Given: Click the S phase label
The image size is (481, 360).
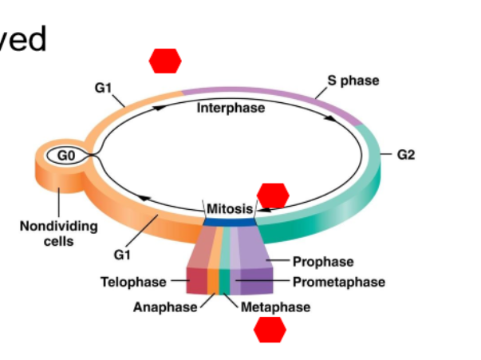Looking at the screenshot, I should tap(353, 81).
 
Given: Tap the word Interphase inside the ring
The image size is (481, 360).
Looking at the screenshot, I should tap(231, 108).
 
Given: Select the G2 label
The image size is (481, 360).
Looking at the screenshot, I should tap(406, 155).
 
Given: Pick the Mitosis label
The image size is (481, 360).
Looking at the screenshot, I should tap(230, 209).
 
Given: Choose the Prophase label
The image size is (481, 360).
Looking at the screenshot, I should tap(322, 261).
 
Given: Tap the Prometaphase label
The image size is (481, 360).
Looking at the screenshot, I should tap(338, 282).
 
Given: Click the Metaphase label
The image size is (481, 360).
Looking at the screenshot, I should tap(275, 307).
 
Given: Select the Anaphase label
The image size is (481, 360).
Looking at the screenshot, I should tap(164, 307).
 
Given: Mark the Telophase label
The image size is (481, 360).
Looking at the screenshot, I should tap(133, 282).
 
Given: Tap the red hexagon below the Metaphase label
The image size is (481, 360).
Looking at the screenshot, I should tap(270, 329).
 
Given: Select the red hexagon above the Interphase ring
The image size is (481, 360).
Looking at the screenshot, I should tap(165, 60).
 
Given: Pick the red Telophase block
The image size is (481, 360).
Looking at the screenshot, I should tap(197, 280).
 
